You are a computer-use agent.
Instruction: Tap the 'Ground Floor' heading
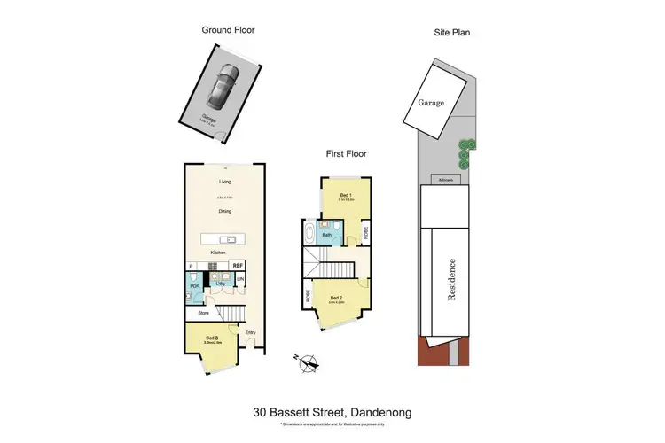(x=229, y=30)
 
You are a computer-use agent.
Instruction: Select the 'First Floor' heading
(x=346, y=153)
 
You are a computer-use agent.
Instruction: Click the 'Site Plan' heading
(x=451, y=33)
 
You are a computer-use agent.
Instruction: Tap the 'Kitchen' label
(x=218, y=253)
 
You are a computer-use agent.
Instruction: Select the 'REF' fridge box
(x=238, y=266)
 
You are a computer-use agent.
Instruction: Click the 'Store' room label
(x=203, y=312)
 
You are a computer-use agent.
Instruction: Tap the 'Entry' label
(x=251, y=332)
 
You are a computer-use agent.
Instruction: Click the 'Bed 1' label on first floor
(x=346, y=194)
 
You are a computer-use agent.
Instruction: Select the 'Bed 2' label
(x=335, y=298)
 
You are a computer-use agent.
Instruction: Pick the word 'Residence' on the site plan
(x=452, y=280)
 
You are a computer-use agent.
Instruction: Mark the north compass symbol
(x=308, y=361)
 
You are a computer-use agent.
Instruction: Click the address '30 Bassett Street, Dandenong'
(x=332, y=412)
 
